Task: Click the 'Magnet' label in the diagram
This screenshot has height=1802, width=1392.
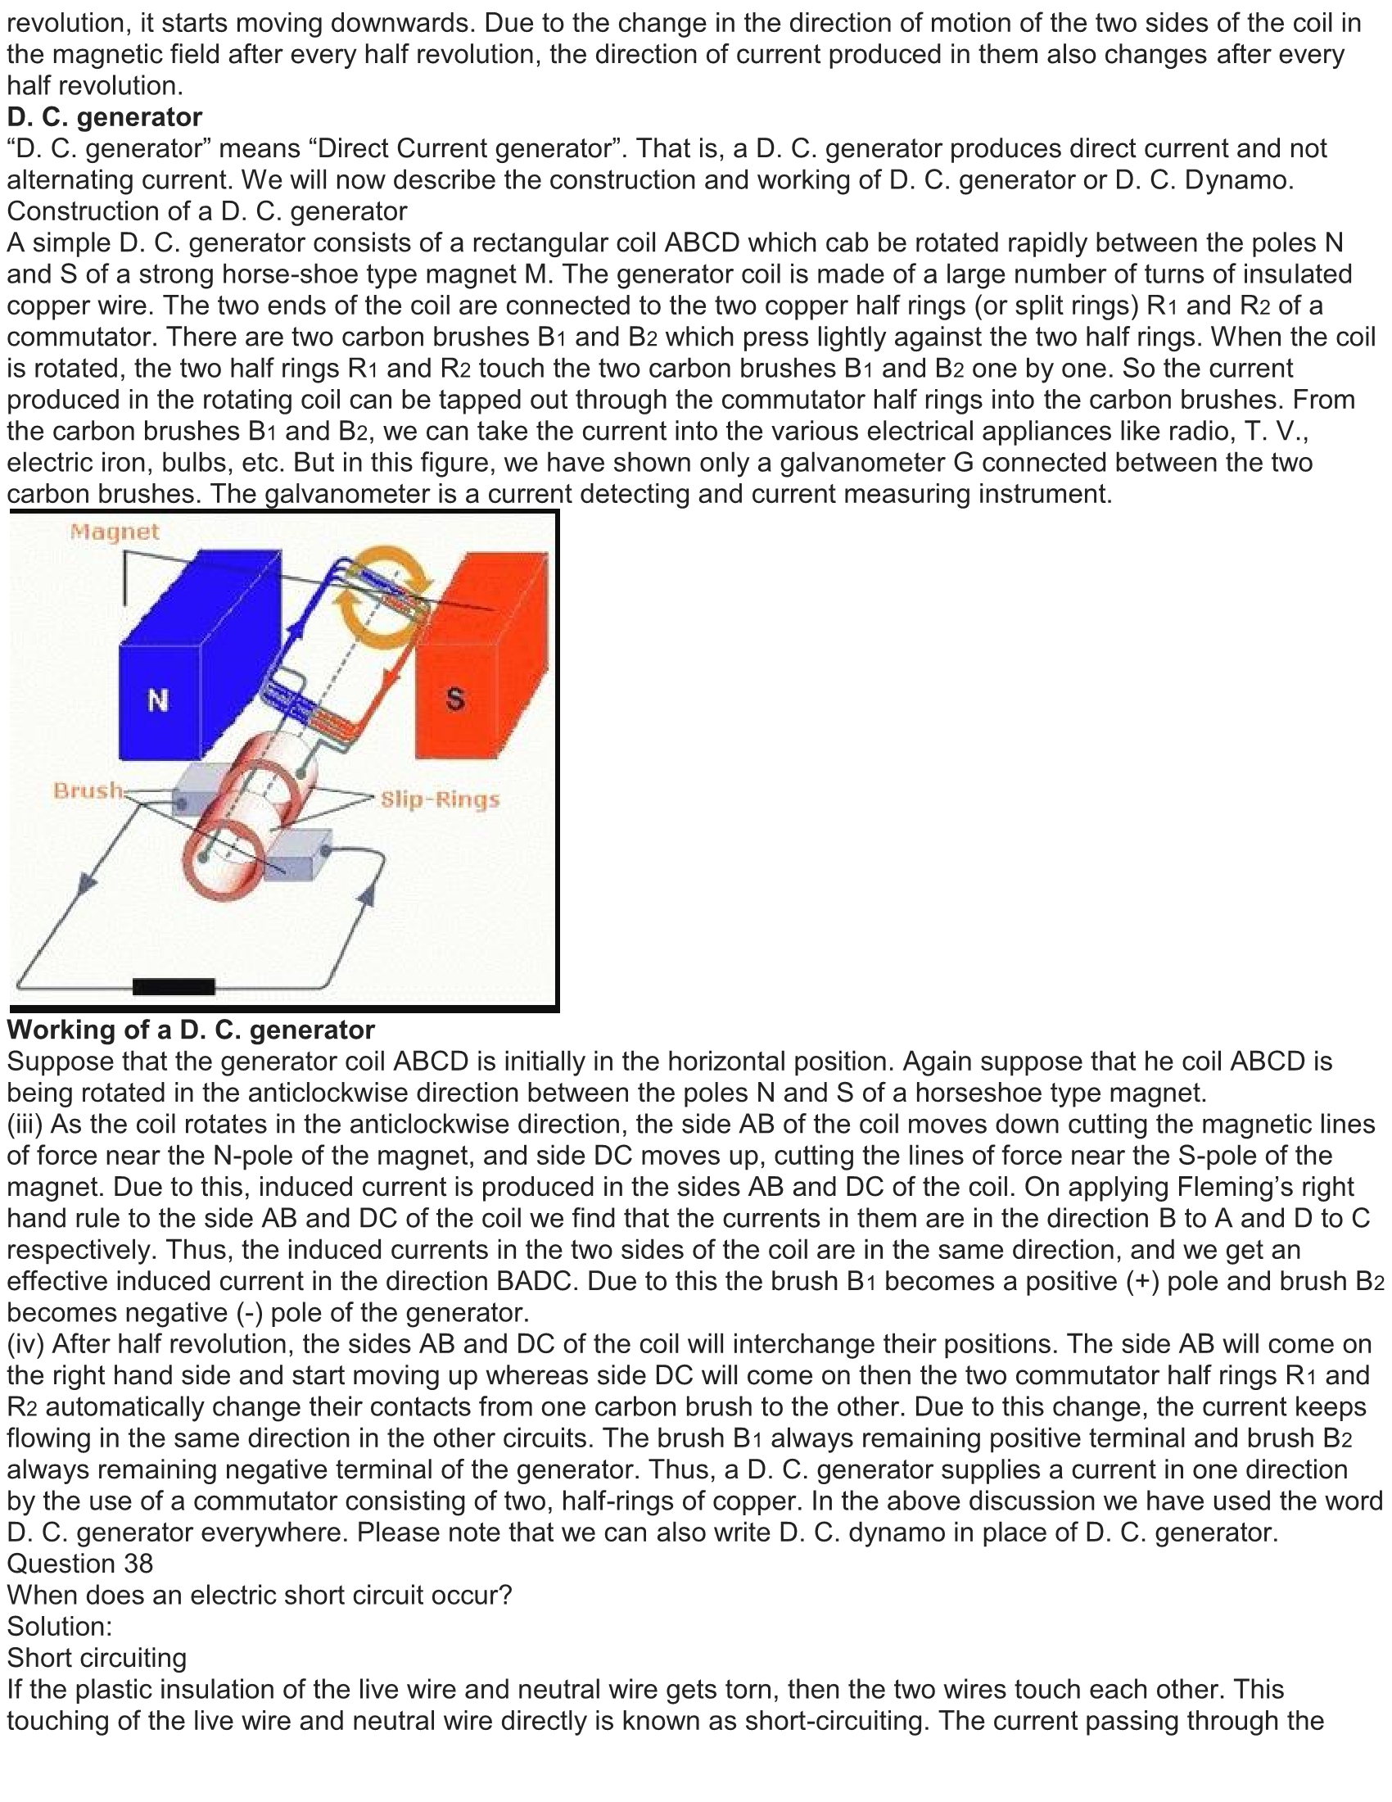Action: coord(115,532)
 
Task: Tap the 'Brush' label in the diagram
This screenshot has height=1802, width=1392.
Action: coord(88,790)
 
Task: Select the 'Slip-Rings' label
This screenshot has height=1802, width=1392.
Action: coord(440,799)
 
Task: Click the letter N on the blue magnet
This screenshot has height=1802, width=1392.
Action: coord(157,700)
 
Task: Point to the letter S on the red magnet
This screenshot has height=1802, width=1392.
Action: coord(455,699)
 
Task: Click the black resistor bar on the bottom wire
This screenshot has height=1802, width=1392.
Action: coord(173,986)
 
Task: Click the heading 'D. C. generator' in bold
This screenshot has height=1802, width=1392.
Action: coord(105,117)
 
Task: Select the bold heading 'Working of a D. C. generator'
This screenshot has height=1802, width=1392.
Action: coord(191,1030)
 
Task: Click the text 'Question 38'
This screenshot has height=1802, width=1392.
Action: coord(80,1564)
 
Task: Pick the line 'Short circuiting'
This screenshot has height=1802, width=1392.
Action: coord(97,1658)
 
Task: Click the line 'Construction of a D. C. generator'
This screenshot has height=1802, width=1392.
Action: coord(207,211)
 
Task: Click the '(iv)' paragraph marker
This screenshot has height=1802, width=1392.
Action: coord(25,1344)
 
